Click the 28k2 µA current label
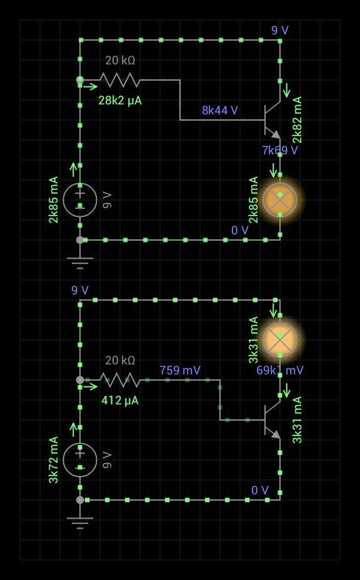(120, 101)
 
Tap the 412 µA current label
(120, 400)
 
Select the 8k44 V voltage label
(220, 110)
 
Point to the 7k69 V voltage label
(280, 150)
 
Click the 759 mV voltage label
(180, 370)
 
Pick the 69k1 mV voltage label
(280, 370)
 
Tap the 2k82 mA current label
(297, 120)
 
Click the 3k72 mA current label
(53, 460)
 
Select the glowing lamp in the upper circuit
(280, 200)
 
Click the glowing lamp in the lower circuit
(280, 339)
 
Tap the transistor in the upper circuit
(272, 120)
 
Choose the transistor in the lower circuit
(272, 420)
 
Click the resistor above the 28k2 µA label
(120, 80)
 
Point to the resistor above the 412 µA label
(120, 380)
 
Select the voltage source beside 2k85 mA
(80, 200)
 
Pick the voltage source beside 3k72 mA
(80, 460)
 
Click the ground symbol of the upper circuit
(80, 262)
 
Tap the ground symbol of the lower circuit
(80, 522)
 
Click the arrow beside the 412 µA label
(91, 386)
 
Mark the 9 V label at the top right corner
(280, 31)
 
